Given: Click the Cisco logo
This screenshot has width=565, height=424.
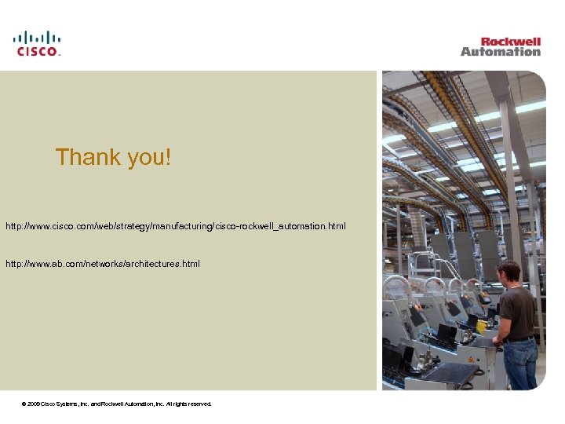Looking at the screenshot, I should coord(37,43).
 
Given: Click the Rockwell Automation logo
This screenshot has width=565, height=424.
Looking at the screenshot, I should coord(501,46).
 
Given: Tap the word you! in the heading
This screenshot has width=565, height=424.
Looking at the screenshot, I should coord(148,157).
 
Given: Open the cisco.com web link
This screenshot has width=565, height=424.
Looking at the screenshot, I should coord(175,226).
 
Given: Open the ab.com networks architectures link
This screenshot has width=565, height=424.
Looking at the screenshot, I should coord(103,264).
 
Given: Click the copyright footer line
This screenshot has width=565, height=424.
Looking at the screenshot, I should coord(118,404).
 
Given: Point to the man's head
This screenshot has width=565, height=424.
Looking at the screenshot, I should coord(509,272).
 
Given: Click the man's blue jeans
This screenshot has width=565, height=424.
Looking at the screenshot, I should coord(520,364).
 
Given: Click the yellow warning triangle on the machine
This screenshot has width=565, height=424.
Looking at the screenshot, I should coord(471,359).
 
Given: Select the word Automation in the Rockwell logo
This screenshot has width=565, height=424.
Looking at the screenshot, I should coord(501,52).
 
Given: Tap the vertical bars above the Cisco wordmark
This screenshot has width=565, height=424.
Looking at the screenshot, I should coord(37,36).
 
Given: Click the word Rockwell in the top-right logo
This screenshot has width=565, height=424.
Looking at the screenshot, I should coord(511,41).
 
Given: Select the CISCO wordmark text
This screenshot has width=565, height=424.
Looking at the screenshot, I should coord(37,51).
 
